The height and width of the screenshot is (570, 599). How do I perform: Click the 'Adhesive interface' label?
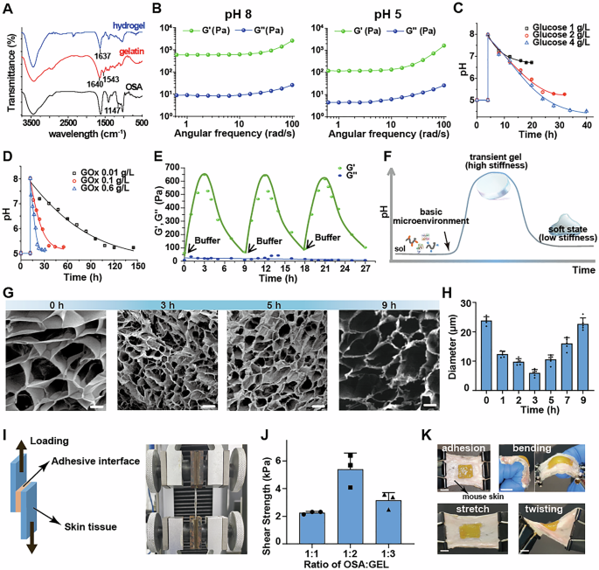[91, 462]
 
